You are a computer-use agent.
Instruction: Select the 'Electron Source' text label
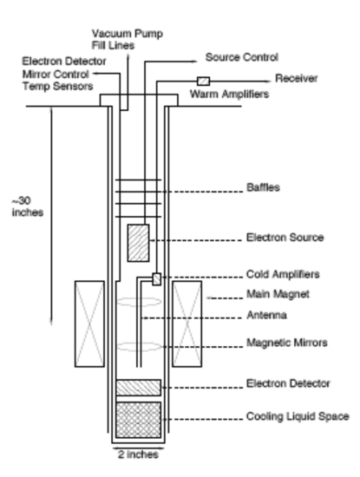[285, 236]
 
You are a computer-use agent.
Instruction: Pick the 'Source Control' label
[241, 57]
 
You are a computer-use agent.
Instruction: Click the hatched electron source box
[138, 241]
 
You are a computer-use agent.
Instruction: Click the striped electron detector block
[137, 386]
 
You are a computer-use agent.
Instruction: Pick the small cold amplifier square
[157, 278]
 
